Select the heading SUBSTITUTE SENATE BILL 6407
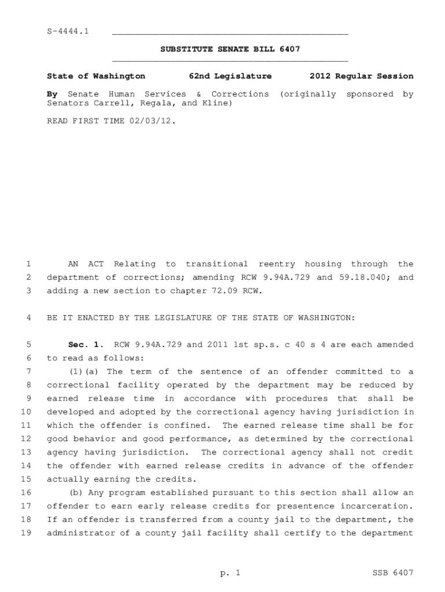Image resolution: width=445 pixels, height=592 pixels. coord(230,49)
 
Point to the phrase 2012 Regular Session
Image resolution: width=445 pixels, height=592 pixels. coord(361,76)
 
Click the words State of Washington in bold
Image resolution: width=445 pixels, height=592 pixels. coord(96,76)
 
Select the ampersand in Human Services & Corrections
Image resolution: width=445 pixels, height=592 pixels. coord(198,94)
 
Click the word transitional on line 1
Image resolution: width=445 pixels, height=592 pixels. coord(217,264)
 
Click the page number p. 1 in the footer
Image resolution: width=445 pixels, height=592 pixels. coord(229,573)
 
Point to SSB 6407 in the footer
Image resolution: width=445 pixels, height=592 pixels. coord(393,573)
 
